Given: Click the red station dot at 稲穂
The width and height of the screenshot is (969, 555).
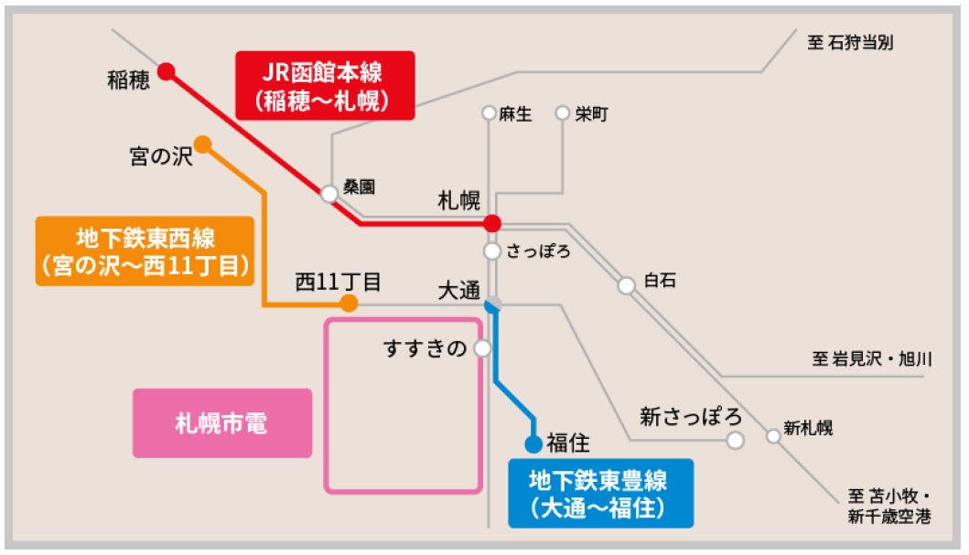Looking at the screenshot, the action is pos(167,71).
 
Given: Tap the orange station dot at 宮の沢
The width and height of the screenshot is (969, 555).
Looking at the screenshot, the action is pos(203,144).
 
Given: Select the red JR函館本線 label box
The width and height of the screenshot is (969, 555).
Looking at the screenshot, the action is pos(325,85).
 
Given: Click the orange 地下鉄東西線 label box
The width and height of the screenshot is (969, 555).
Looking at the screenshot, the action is pos(145,251).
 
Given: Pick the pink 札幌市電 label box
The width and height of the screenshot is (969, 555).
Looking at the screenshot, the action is pos(222,423).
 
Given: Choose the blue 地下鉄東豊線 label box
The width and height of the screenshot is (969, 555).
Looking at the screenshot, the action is pos(600,493).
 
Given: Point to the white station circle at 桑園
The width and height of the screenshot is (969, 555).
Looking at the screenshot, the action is pos(329,194).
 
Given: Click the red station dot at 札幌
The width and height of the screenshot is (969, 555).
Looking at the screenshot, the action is pos(492,223).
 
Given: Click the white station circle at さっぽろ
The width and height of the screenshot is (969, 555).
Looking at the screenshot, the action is pos(492,251).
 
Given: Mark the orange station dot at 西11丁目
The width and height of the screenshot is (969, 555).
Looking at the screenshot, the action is pos(349,304).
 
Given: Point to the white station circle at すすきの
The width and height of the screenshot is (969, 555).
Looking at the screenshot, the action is pos(482,348).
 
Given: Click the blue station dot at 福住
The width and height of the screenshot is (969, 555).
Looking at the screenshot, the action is pos(533,444).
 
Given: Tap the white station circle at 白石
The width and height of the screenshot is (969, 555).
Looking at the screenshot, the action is pos(627,285).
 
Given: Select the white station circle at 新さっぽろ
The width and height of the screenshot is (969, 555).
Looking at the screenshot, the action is pos(735,441).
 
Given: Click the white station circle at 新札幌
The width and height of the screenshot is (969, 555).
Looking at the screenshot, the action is pos(774,435).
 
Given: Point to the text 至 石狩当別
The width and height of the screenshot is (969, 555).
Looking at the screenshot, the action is pos(850,43).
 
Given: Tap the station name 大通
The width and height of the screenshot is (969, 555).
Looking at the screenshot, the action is pos(458,291).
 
